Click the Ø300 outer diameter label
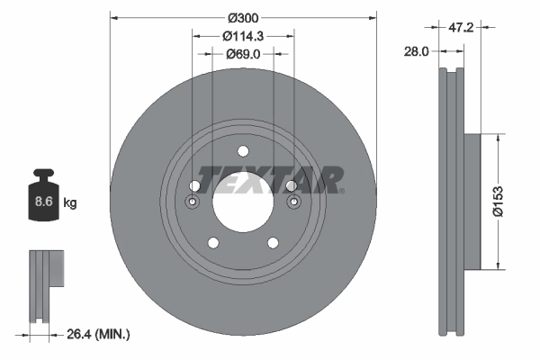(242, 16)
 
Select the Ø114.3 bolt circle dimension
(242, 36)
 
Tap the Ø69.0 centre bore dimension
(242, 55)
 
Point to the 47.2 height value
(461, 29)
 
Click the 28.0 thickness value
(415, 53)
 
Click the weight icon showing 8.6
(43, 200)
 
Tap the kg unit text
(70, 203)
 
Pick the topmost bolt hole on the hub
(242, 151)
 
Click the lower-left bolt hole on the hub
(212, 242)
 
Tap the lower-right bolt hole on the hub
(272, 242)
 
